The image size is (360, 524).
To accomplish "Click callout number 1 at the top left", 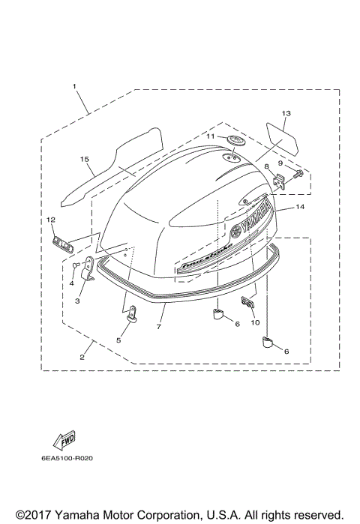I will [x=75, y=87].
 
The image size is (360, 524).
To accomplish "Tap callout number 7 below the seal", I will [x=159, y=328].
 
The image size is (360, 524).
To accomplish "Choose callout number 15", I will [x=85, y=159].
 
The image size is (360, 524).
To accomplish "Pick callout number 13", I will [x=285, y=113].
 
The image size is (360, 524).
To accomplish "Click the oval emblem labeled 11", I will [x=237, y=142].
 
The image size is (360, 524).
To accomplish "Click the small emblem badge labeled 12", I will [x=62, y=243].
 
